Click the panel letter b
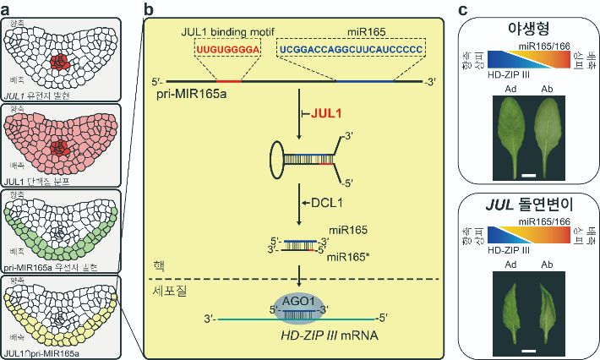tap(149, 9)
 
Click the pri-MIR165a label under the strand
tap(190, 94)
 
